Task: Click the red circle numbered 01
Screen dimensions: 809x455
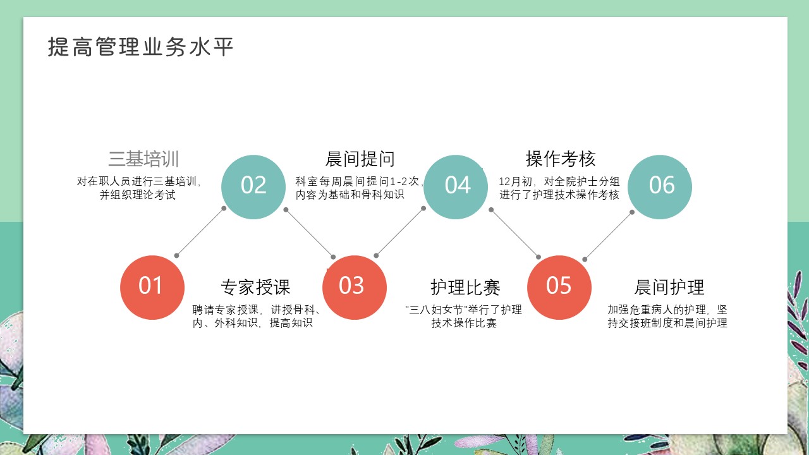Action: (152, 288)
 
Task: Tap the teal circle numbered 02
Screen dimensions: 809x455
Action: (253, 187)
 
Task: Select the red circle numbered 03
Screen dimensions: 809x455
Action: (355, 288)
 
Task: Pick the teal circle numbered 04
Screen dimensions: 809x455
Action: (456, 187)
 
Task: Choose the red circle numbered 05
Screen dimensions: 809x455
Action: (559, 288)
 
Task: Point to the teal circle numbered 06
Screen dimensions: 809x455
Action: (660, 187)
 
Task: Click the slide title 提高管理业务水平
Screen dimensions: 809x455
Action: (140, 47)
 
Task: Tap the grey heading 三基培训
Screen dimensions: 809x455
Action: (143, 159)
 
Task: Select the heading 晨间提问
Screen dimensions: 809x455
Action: (360, 159)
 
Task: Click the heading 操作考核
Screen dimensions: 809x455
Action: (560, 159)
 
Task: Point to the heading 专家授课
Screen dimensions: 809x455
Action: (255, 288)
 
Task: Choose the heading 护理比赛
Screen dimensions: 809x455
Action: (465, 288)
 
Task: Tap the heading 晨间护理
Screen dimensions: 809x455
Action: (669, 288)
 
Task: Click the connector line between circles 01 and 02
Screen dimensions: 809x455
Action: (200, 232)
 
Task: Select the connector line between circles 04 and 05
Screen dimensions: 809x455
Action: (514, 233)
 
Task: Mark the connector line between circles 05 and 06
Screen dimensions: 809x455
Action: (608, 236)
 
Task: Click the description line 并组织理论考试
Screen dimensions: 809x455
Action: (138, 195)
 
